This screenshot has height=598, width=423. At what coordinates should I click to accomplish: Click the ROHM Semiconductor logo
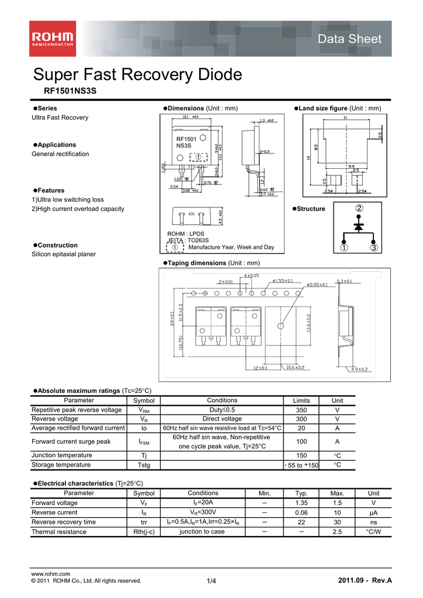[x=53, y=39]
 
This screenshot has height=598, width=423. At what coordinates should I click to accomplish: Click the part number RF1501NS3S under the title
[x=70, y=92]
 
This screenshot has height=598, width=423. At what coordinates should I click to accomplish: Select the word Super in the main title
[x=57, y=75]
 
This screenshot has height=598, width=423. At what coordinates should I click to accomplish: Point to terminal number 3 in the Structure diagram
[x=374, y=249]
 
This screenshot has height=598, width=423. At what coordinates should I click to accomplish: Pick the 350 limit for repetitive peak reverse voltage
[x=301, y=410]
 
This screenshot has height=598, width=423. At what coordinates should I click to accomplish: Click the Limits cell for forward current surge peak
[x=301, y=441]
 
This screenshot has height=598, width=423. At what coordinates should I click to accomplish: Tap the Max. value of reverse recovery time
[x=337, y=522]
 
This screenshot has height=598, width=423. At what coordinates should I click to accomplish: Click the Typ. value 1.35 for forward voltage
[x=301, y=503]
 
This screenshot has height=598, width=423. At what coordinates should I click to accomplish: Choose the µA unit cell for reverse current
[x=373, y=512]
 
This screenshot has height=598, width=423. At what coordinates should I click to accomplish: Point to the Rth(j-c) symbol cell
[x=144, y=532]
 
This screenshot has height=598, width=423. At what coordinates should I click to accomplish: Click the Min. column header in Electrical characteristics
[x=264, y=493]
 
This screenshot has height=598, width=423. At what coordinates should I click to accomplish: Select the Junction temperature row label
[x=61, y=456]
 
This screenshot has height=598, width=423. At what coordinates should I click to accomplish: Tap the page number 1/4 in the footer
[x=211, y=580]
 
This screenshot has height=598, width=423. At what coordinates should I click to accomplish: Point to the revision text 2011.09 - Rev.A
[x=365, y=580]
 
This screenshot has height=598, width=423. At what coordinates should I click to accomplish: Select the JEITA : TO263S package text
[x=188, y=240]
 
